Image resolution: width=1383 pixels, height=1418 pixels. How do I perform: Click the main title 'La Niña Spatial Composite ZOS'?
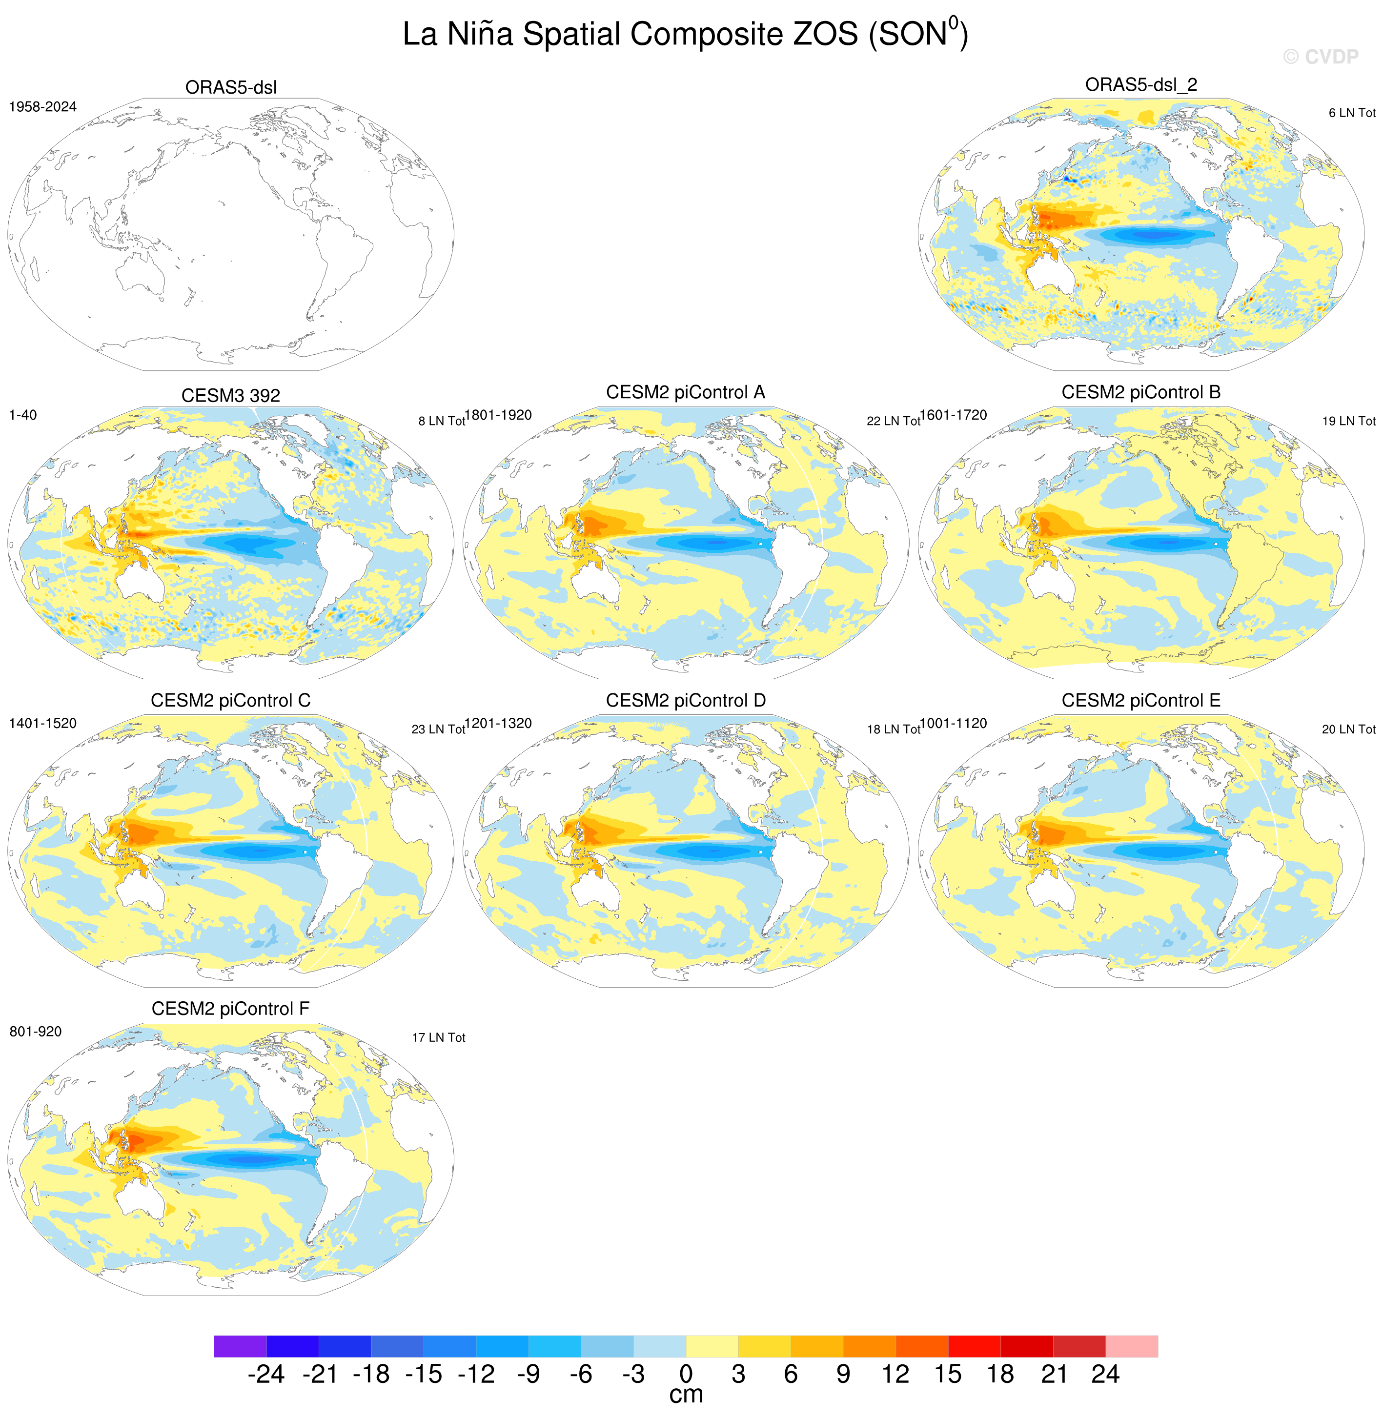pyautogui.click(x=630, y=34)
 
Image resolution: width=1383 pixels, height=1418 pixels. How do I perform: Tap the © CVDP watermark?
pyautogui.click(x=1321, y=57)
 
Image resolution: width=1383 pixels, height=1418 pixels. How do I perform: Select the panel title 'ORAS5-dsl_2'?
pyautogui.click(x=1141, y=84)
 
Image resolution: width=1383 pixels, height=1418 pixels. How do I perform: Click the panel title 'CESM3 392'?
pyautogui.click(x=230, y=395)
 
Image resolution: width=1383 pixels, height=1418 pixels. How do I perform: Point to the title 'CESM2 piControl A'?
pyautogui.click(x=685, y=392)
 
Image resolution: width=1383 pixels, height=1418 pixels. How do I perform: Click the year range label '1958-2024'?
pyautogui.click(x=43, y=107)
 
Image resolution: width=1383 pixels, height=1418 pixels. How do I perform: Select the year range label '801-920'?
pyautogui.click(x=36, y=1031)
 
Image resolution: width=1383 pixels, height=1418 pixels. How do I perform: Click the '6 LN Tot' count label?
pyautogui.click(x=1352, y=113)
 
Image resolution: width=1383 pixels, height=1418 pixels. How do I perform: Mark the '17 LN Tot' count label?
pyautogui.click(x=438, y=1037)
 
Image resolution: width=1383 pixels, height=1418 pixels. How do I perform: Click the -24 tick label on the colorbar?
pyautogui.click(x=266, y=1374)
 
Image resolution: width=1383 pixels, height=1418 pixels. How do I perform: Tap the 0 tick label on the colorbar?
pyautogui.click(x=686, y=1374)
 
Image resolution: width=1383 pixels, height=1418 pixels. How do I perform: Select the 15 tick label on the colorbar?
pyautogui.click(x=948, y=1374)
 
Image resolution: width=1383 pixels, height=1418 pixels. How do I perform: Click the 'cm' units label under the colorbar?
pyautogui.click(x=686, y=1395)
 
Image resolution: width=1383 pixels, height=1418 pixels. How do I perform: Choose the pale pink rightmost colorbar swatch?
pyautogui.click(x=1132, y=1346)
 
